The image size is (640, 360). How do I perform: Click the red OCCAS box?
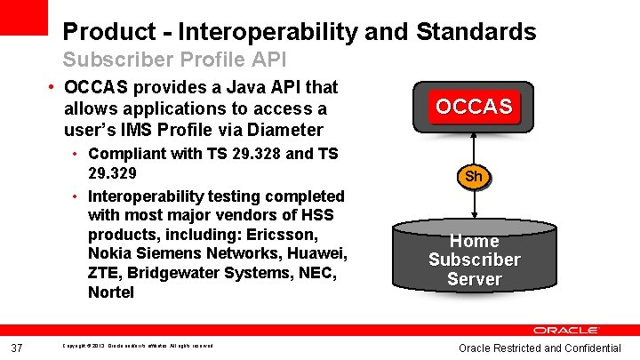click(x=474, y=107)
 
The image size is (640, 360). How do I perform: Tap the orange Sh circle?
click(x=474, y=176)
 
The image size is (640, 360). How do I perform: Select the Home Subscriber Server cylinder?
click(x=474, y=260)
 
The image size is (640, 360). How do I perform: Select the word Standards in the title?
click(x=479, y=33)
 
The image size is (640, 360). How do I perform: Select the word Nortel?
click(x=111, y=292)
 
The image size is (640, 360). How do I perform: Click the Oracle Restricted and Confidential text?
click(x=540, y=348)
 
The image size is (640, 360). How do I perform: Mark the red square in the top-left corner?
click(x=22, y=17)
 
